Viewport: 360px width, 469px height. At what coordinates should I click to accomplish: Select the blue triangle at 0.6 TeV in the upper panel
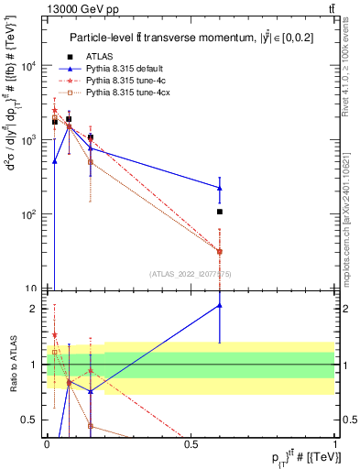point(220,188)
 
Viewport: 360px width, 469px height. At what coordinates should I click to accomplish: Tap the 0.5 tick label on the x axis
point(191,443)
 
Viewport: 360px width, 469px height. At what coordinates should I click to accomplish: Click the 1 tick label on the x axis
point(334,443)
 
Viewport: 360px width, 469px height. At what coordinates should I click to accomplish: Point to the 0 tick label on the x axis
point(47,443)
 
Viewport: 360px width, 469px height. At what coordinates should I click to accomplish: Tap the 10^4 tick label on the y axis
point(28,65)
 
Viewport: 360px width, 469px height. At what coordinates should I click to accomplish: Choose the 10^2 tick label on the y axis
point(28,214)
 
